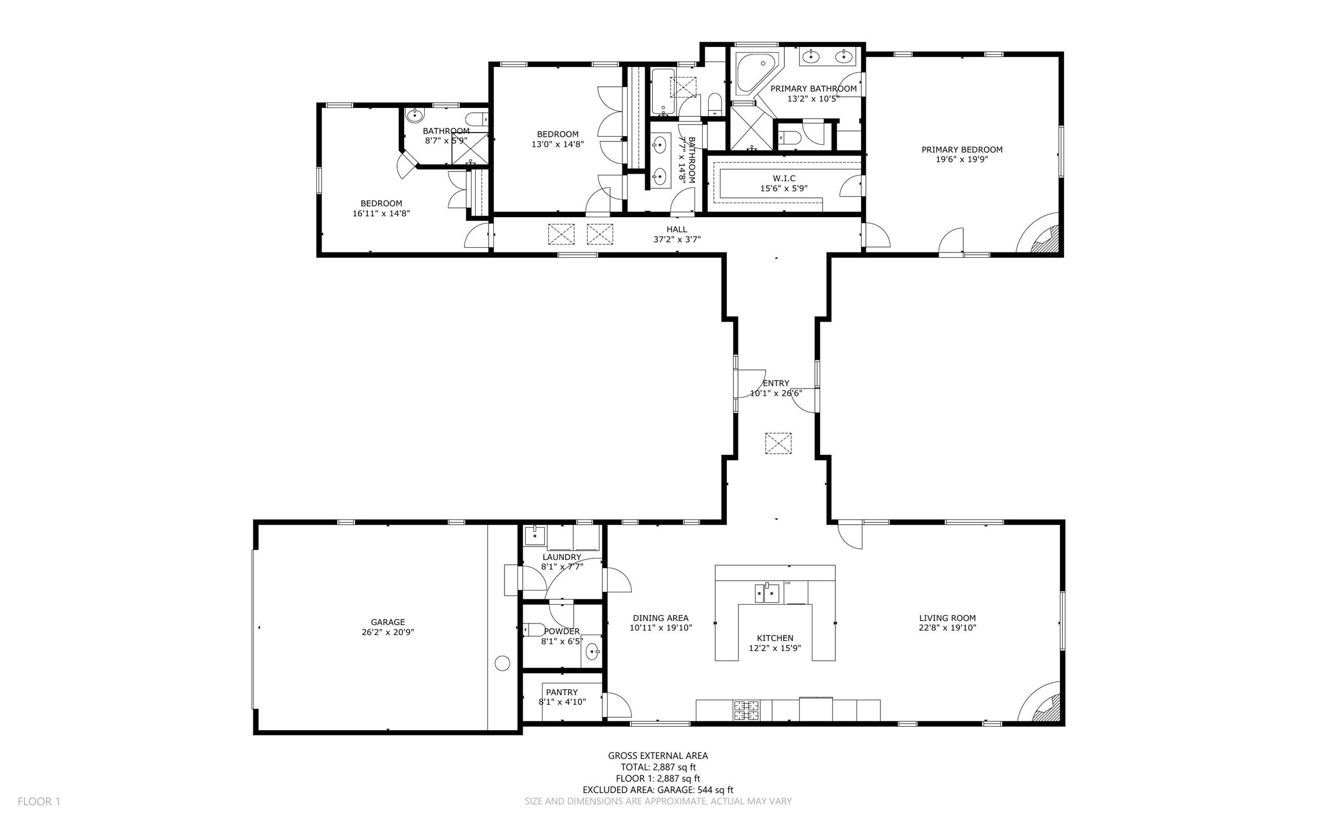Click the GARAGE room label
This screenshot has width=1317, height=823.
point(388,622)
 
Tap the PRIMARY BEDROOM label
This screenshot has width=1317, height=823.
point(962,150)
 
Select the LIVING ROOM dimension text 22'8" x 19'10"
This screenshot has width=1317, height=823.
point(947,628)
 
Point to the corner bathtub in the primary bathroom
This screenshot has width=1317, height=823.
point(757,73)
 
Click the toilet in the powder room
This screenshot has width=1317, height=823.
point(534,630)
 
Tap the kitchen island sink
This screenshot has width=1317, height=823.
point(767,593)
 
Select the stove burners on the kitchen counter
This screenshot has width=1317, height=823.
point(746,710)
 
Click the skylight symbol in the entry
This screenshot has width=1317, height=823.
point(778,443)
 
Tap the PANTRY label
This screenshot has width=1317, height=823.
point(562,692)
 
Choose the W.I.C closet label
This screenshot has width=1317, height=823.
point(784,178)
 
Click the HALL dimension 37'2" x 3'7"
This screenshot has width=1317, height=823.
point(677,240)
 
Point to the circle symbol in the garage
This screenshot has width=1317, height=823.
point(503,663)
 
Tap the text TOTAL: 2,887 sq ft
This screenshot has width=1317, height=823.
point(658,767)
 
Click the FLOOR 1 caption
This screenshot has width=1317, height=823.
point(39,801)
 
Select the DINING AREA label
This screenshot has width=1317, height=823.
point(661,618)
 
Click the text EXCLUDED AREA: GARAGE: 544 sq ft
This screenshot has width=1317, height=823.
point(658,790)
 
